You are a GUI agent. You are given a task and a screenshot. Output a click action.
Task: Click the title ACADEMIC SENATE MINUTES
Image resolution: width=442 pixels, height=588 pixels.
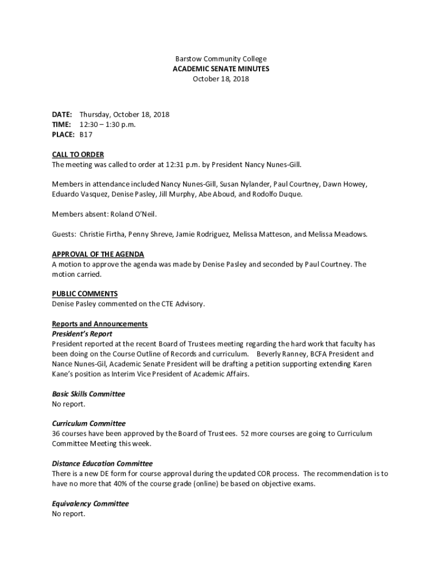click(220, 69)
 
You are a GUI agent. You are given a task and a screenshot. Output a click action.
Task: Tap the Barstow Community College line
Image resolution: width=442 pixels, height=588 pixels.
click(220, 59)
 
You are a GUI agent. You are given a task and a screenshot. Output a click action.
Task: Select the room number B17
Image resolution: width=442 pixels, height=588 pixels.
click(86, 134)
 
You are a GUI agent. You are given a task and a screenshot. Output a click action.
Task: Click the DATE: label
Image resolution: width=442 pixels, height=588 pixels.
click(62, 115)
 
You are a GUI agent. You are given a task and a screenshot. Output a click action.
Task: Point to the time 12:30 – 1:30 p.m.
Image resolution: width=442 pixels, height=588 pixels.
click(107, 125)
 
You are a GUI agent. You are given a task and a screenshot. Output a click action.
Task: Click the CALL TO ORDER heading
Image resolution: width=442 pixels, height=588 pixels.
click(77, 154)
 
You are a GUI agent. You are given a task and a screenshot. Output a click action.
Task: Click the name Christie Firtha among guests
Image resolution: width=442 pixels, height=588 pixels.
click(103, 234)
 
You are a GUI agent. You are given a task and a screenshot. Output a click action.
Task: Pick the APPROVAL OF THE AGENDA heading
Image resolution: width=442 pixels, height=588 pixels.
click(98, 254)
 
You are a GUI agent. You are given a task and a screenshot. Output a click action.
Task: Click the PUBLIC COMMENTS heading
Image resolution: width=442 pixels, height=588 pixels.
click(84, 294)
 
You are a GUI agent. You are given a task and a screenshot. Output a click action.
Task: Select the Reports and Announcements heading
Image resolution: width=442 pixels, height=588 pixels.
click(99, 324)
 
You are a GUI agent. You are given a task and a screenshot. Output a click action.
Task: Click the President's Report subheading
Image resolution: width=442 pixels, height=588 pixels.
click(82, 334)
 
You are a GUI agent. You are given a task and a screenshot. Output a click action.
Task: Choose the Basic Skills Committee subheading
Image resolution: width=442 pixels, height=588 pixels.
click(88, 394)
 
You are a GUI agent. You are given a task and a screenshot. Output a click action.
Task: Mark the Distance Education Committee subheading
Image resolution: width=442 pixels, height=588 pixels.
click(102, 463)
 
